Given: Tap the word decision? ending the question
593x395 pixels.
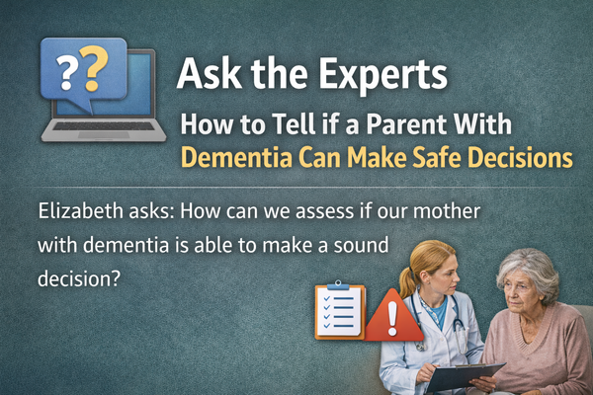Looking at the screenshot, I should pos(78,276).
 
